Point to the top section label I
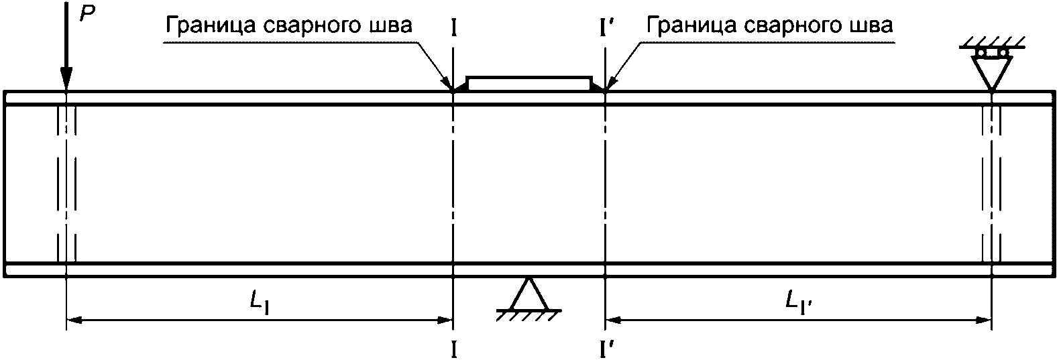tap(455, 27)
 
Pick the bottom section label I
tap(455, 348)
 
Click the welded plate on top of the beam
tap(529, 84)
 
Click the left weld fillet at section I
tap(460, 87)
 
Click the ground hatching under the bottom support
tap(529, 314)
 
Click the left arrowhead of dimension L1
tap(75, 320)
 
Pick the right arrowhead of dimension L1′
tap(983, 320)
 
